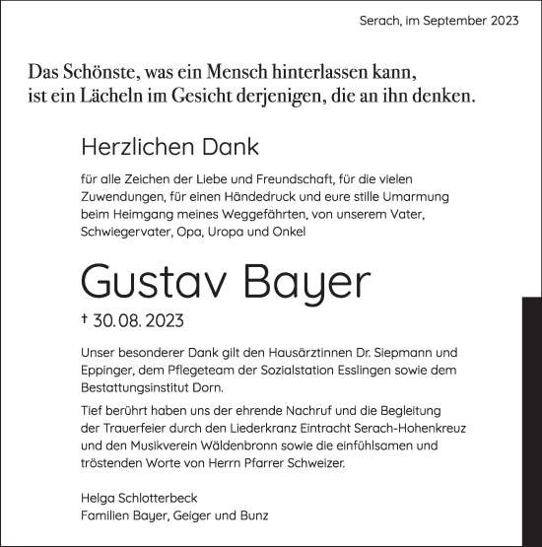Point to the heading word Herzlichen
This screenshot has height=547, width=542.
coord(135,149)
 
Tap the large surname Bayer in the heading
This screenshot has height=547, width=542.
coord(306,284)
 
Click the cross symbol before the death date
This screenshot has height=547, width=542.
coord(85,320)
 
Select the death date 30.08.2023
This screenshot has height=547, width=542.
coord(138,321)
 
